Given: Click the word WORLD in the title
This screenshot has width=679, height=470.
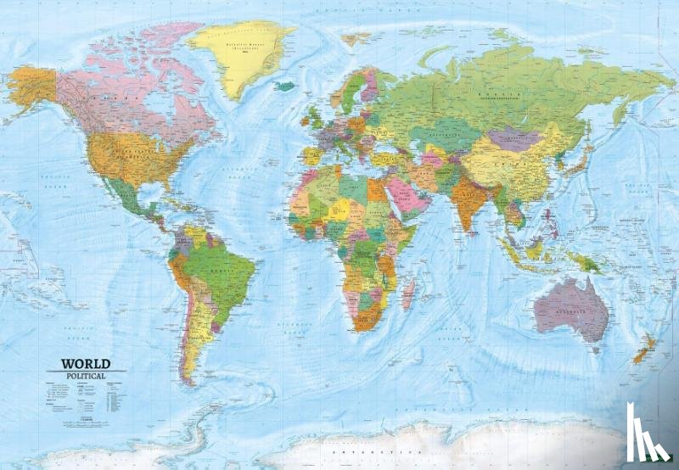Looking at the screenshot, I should pos(85,364).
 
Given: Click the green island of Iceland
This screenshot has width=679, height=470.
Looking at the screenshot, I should pos(287,86).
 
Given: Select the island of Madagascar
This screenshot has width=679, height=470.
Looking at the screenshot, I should pos(410,293).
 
